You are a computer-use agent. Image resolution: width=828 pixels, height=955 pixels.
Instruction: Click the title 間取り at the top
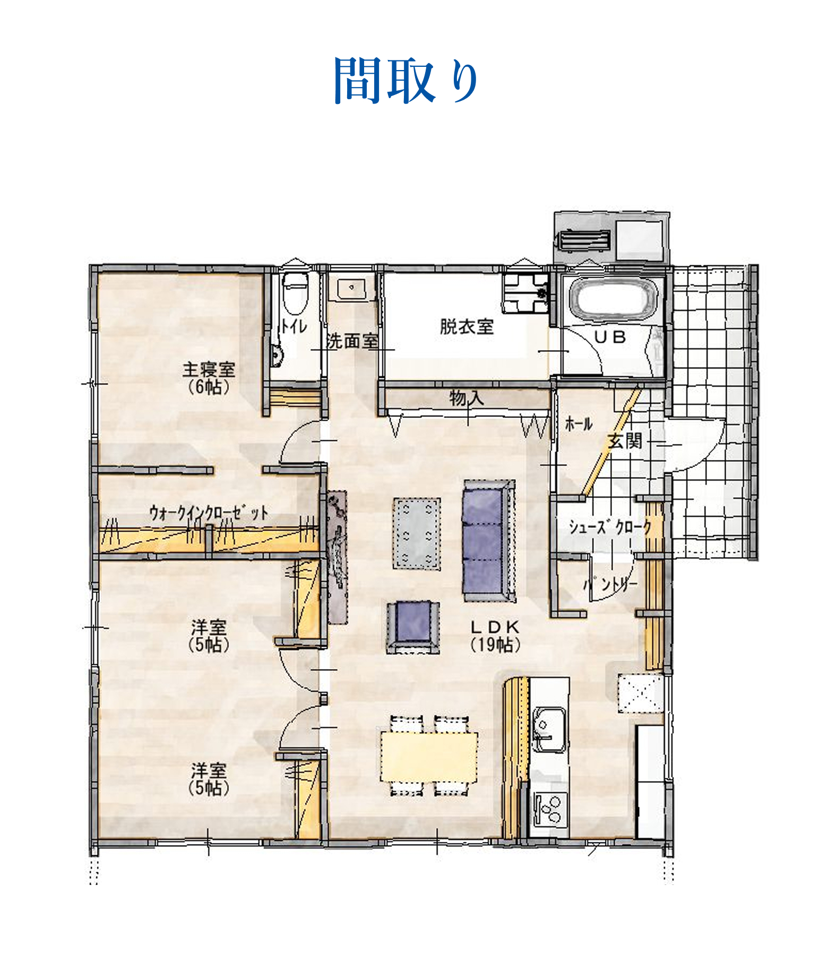406,80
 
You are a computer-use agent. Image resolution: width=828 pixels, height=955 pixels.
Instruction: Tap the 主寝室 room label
209,369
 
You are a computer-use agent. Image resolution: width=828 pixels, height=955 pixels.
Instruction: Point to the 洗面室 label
352,341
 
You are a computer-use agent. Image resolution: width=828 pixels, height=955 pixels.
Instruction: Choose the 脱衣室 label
467,326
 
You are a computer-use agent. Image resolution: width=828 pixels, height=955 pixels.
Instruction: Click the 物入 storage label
467,397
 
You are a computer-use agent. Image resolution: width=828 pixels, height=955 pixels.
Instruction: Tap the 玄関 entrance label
625,440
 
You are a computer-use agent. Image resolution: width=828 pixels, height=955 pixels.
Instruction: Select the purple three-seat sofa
489,541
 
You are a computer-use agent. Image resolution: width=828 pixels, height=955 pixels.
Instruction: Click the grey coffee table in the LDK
417,533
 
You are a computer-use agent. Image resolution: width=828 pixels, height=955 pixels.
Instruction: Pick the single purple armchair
412,627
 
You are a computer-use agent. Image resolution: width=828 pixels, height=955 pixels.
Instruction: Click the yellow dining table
429,757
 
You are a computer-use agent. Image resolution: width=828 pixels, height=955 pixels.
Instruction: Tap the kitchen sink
549,729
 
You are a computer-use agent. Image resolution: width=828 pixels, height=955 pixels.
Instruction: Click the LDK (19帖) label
495,636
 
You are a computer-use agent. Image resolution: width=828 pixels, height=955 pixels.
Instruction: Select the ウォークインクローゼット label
209,513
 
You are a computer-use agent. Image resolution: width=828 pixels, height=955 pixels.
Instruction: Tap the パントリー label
610,585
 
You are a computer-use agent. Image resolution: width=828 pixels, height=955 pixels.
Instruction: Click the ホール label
579,423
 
